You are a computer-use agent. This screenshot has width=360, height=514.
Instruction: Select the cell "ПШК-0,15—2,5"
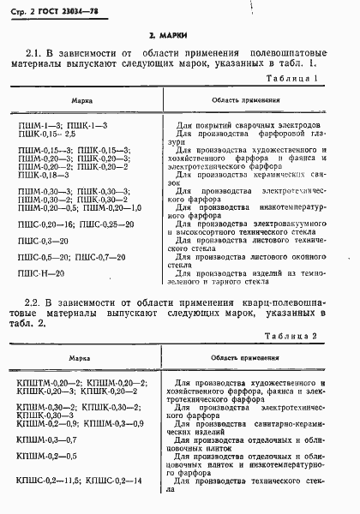click(53, 134)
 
